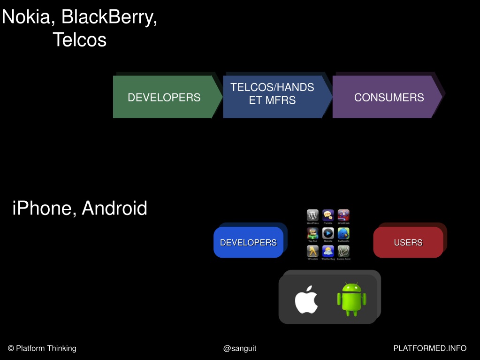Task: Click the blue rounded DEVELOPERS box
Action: click(x=248, y=242)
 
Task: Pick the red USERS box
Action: click(x=408, y=242)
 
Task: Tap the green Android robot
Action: click(x=351, y=299)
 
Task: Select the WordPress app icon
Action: click(x=312, y=215)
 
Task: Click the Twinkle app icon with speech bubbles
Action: click(x=328, y=215)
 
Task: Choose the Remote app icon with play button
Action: click(x=328, y=233)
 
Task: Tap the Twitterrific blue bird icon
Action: click(x=343, y=233)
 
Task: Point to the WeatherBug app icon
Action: click(x=328, y=251)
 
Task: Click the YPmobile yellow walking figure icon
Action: click(x=312, y=251)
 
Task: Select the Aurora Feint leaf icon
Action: click(x=343, y=251)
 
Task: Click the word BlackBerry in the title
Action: click(x=109, y=17)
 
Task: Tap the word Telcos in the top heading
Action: click(x=79, y=39)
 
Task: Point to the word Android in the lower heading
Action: click(x=114, y=208)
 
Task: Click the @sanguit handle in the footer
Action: click(x=240, y=348)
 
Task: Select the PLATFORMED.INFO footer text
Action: click(x=430, y=348)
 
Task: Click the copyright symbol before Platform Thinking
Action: click(x=11, y=348)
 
